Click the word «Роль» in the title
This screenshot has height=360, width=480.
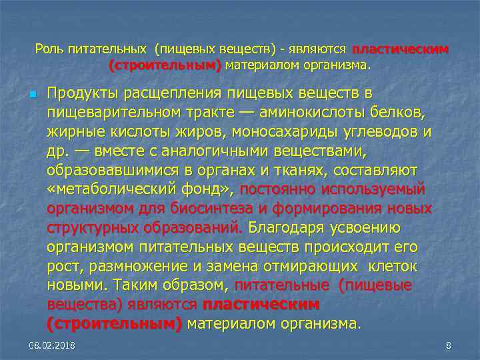(x=50, y=49)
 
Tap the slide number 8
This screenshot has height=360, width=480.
(x=448, y=345)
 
